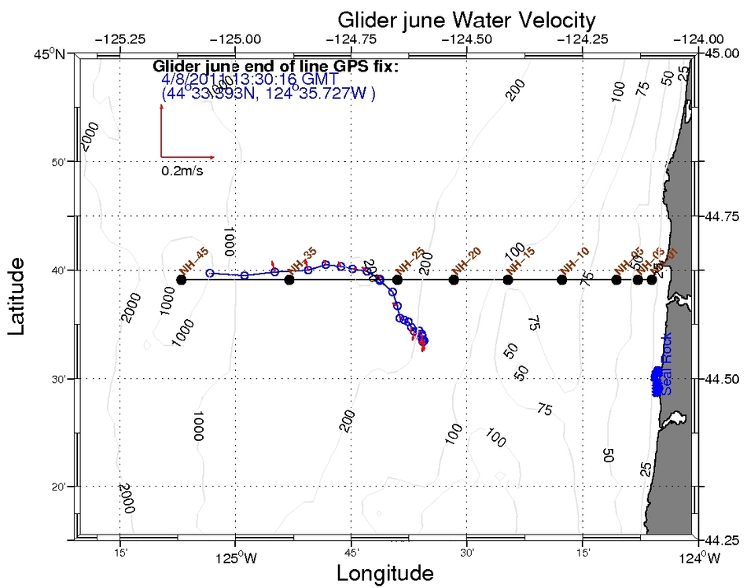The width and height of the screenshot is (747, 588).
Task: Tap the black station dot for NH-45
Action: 182,280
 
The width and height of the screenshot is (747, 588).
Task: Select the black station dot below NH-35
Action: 289,280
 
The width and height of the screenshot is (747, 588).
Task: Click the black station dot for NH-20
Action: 453,280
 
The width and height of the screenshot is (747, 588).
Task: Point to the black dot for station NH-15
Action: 507,280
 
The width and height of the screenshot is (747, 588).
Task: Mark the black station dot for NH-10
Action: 561,280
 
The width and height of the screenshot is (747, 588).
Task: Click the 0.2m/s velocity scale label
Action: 182,171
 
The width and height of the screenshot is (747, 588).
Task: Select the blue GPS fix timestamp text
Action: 249,79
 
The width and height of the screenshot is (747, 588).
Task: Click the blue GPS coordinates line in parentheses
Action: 268,93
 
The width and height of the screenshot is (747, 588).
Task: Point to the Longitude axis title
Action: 385,574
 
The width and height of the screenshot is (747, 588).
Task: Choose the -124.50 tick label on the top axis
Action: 467,39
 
